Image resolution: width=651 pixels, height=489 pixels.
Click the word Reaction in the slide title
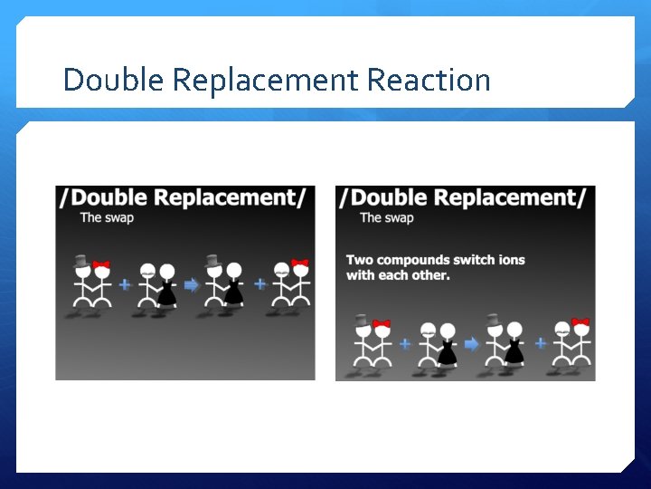pos(429,80)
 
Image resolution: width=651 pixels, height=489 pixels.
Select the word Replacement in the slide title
pos(265,80)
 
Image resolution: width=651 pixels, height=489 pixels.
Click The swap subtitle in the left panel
pos(107,217)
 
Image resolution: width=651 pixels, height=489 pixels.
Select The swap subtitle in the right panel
pos(386,217)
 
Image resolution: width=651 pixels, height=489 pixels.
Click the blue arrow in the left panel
pos(191,284)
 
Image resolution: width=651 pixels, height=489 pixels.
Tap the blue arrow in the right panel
pos(471,343)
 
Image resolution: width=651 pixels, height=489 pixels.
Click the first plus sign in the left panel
pos(125,284)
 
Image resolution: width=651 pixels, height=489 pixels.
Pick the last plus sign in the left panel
pos(260,283)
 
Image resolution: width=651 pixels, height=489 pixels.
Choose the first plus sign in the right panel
pos(405,343)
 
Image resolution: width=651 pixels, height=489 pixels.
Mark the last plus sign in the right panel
pos(541,343)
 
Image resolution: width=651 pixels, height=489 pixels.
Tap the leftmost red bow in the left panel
pos(101,265)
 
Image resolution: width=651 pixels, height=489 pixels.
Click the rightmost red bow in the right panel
pos(580,322)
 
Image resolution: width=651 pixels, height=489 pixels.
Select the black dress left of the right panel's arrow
pos(447,354)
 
